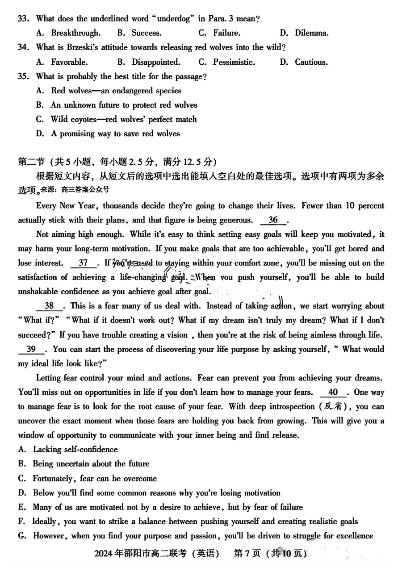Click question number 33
tap(23, 19)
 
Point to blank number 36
tap(273, 220)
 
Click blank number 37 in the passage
tap(83, 263)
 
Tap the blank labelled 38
tap(50, 306)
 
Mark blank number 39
tap(31, 349)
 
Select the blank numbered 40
tap(333, 392)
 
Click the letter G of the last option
tap(22, 536)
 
